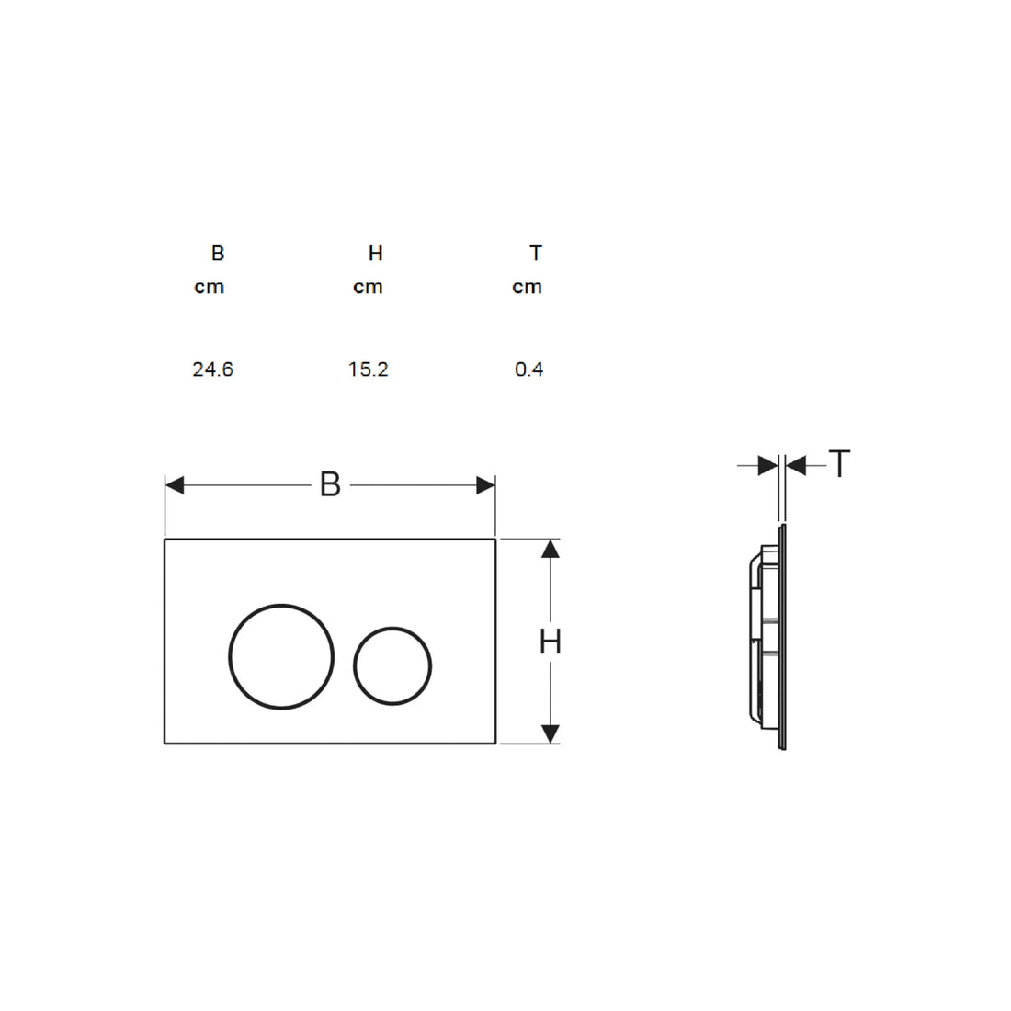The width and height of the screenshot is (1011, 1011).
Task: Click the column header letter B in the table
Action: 217,254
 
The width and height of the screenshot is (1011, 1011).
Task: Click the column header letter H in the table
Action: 375,254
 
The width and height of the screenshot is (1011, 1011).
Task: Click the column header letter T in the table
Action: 536,254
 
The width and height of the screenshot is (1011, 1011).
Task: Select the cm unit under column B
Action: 209,287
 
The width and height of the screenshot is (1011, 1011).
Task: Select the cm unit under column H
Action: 368,287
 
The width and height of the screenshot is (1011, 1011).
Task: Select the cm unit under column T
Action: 527,287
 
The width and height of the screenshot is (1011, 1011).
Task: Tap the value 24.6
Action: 213,369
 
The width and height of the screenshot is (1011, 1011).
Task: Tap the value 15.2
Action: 369,369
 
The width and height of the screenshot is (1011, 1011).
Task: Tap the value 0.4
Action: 528,369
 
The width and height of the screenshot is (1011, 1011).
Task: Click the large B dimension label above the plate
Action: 330,485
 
